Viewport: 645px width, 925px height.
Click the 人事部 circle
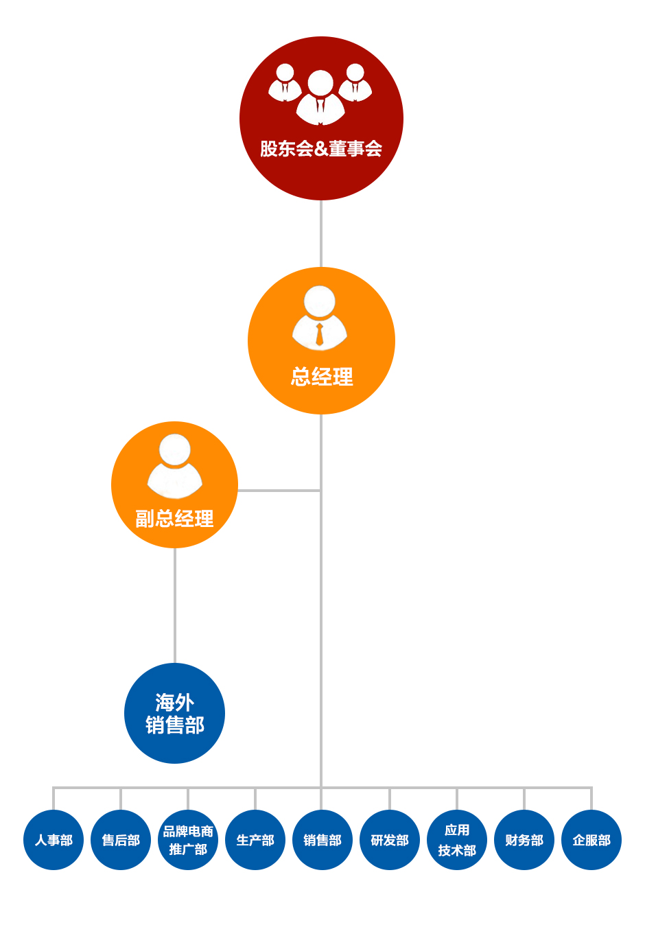click(54, 840)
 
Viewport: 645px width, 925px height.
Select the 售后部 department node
click(121, 840)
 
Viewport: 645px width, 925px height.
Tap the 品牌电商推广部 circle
click(188, 840)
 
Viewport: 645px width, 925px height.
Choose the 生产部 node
click(255, 840)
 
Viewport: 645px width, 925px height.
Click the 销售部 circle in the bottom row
click(322, 840)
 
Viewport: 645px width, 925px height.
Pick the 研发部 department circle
click(390, 840)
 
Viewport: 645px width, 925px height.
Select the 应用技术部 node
click(457, 840)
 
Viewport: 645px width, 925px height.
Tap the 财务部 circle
click(524, 840)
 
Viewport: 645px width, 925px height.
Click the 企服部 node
click(591, 840)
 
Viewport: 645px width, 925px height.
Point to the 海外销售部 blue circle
click(174, 714)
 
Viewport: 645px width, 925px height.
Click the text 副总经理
click(174, 519)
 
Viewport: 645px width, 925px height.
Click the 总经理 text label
click(322, 377)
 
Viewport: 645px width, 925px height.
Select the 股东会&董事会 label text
click(321, 149)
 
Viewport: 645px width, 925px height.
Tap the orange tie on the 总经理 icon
click(320, 335)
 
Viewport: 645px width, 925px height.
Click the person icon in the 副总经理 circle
click(174, 467)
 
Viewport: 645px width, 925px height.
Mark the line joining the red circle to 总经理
click(321, 233)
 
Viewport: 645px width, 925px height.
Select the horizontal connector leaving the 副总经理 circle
click(279, 491)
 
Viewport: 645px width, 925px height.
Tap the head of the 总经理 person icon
click(320, 301)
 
